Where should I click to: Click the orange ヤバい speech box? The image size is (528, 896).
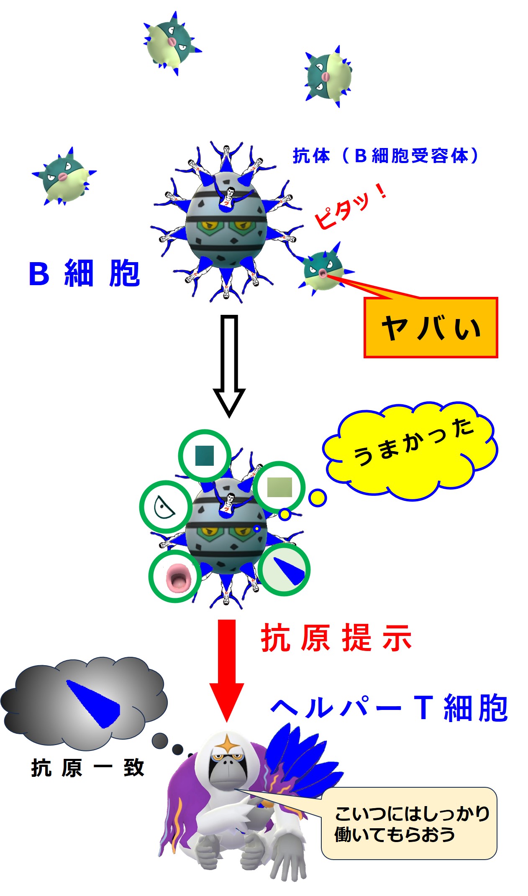click(x=431, y=328)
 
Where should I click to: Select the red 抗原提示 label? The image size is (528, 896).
click(x=336, y=638)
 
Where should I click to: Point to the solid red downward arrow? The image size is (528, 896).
click(x=227, y=669)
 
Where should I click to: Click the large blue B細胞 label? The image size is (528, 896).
click(x=84, y=274)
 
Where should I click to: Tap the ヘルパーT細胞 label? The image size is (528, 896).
click(x=389, y=708)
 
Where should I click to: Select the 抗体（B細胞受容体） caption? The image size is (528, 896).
click(x=385, y=156)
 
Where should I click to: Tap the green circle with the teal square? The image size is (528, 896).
click(x=205, y=455)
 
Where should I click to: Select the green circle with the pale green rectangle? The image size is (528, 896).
click(x=279, y=487)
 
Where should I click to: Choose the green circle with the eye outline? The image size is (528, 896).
click(x=166, y=507)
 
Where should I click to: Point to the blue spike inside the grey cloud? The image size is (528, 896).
click(x=94, y=702)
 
